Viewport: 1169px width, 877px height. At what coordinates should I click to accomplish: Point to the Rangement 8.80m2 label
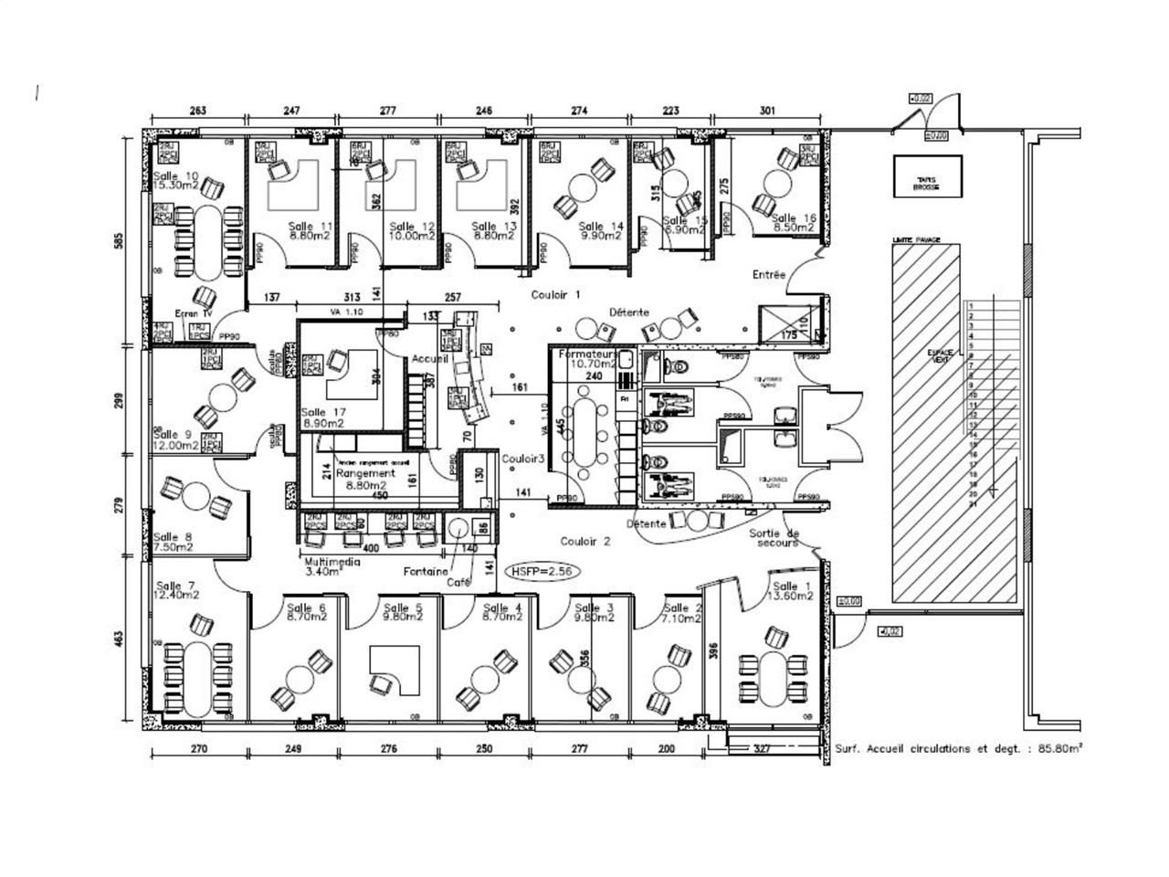coord(365,480)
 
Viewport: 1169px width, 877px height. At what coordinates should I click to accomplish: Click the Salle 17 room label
coord(322,417)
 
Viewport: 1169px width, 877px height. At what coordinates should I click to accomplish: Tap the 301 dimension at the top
coord(767,111)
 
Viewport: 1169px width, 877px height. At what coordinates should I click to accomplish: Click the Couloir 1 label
coord(556,295)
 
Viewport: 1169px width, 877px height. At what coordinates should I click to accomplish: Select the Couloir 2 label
coord(585,541)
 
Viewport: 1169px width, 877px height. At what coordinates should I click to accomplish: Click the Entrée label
coord(769,274)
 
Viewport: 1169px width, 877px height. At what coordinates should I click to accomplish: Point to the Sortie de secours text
coord(774,537)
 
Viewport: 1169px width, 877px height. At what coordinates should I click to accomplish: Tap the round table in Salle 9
coord(222,398)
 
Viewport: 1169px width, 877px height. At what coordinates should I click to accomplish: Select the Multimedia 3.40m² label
coord(332,567)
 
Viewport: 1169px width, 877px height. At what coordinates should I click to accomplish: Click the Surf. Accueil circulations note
coord(959,748)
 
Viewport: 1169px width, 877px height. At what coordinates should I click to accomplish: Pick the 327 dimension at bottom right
coord(764,748)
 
